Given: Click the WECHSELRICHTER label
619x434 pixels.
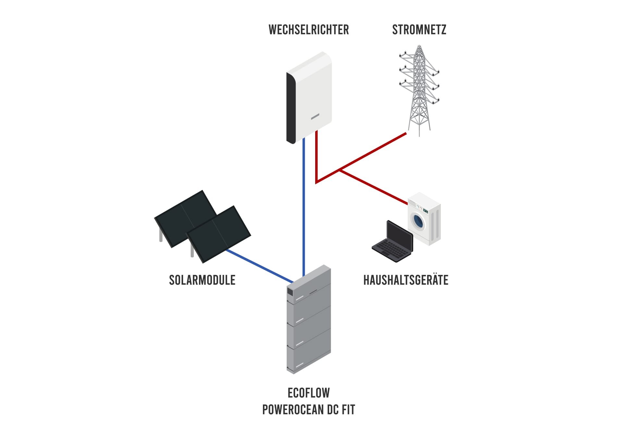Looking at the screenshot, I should coord(308,30).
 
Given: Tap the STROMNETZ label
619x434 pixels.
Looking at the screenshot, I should coord(419,30).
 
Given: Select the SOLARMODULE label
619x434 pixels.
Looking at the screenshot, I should coord(202,280).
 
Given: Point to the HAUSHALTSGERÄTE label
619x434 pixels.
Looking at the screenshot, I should coord(405,280).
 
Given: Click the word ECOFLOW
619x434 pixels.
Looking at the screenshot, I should coord(308,393).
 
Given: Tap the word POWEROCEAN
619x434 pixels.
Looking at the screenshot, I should coord(292,410).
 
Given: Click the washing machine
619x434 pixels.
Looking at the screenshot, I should coord(424,219).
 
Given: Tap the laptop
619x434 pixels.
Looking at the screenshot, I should coord(393,242).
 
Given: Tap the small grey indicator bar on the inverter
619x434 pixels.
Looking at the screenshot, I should coord(315,116).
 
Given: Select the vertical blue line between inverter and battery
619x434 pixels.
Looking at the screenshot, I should coord(303,208).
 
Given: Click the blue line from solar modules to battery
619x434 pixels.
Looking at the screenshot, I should coord(260,266).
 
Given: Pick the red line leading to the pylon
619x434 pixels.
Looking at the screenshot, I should coord(373,151).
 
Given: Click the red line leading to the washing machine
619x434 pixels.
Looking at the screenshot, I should coord(373,187).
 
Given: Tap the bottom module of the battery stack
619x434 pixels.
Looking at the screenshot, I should coord(308,360).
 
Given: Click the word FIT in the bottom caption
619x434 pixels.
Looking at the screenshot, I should coord(348,410).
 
